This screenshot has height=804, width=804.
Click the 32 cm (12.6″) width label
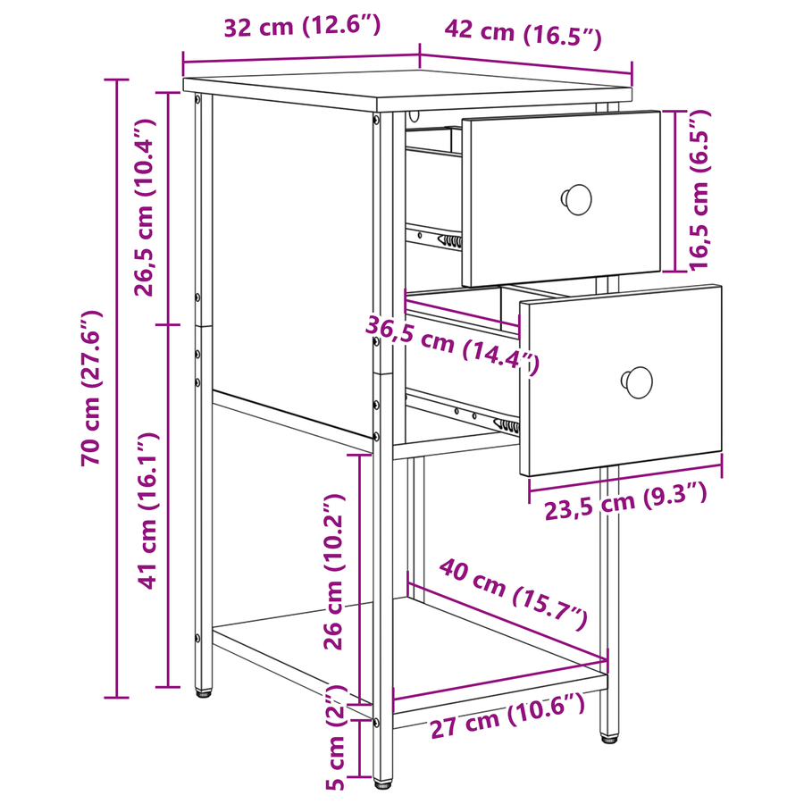[x=303, y=26]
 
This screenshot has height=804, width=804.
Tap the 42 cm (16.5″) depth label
[x=523, y=33]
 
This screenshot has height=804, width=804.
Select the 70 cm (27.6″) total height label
[x=91, y=389]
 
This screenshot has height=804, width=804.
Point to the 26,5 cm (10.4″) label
[x=144, y=207]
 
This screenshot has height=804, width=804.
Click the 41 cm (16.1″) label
[x=148, y=511]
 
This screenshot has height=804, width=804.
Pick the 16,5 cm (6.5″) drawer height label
[x=699, y=189]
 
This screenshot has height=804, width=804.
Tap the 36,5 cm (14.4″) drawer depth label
[x=452, y=346]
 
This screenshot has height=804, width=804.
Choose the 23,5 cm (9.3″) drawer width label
[x=625, y=501]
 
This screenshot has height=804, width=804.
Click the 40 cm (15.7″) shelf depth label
[x=513, y=595]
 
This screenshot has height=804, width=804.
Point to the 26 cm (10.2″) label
[x=334, y=572]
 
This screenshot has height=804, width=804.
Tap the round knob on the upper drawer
[x=577, y=199]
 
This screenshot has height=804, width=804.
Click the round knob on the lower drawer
[x=637, y=382]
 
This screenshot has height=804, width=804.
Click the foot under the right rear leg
[x=609, y=739]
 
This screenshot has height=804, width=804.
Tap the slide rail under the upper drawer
[x=434, y=238]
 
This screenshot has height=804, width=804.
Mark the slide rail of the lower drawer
[x=463, y=411]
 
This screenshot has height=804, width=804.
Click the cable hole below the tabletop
[x=414, y=116]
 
